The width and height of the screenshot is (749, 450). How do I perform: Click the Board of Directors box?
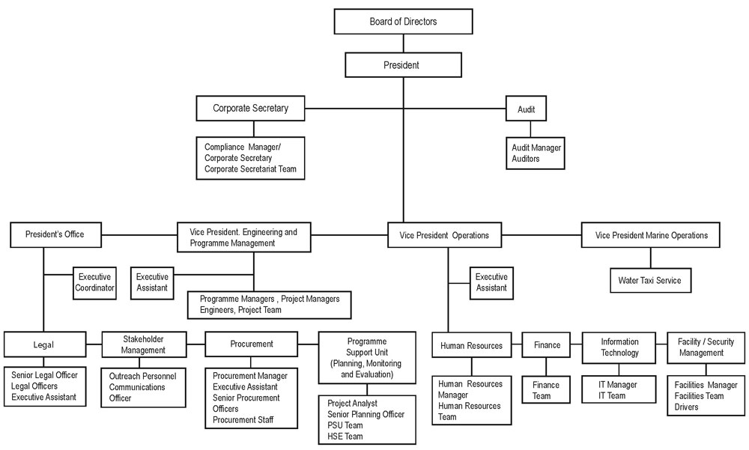pyautogui.click(x=403, y=22)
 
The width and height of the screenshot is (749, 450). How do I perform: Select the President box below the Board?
pyautogui.click(x=401, y=65)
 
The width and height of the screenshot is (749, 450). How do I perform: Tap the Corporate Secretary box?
pyautogui.click(x=250, y=108)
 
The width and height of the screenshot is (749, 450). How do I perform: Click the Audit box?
pyautogui.click(x=526, y=109)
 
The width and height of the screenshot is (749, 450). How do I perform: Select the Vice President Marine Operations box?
pyautogui.click(x=651, y=235)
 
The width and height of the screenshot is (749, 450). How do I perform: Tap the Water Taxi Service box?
pyautogui.click(x=649, y=281)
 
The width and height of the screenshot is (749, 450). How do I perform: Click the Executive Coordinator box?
pyautogui.click(x=94, y=282)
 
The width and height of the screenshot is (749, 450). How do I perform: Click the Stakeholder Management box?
pyautogui.click(x=144, y=344)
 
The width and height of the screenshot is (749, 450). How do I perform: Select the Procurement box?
pyautogui.click(x=251, y=344)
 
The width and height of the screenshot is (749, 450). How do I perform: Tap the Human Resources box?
pyautogui.click(x=471, y=345)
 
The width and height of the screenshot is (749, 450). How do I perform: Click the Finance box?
pyautogui.click(x=547, y=345)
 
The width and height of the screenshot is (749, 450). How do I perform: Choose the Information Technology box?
pyautogui.click(x=619, y=347)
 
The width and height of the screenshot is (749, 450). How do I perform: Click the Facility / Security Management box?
pyautogui.click(x=706, y=347)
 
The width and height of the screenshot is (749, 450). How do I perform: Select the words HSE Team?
pyautogui.click(x=345, y=437)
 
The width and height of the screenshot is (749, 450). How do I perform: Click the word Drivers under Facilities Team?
pyautogui.click(x=687, y=407)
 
